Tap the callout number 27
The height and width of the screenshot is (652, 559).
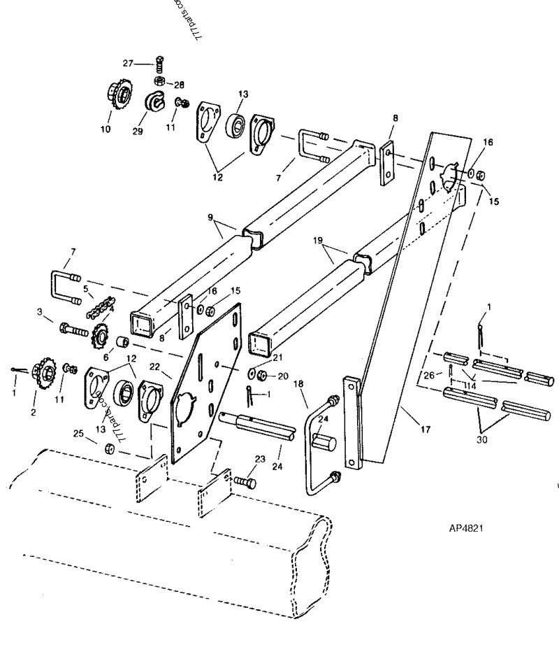pyautogui.click(x=128, y=63)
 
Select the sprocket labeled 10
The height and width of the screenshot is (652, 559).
pyautogui.click(x=119, y=96)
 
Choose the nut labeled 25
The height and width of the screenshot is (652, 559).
pyautogui.click(x=110, y=448)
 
